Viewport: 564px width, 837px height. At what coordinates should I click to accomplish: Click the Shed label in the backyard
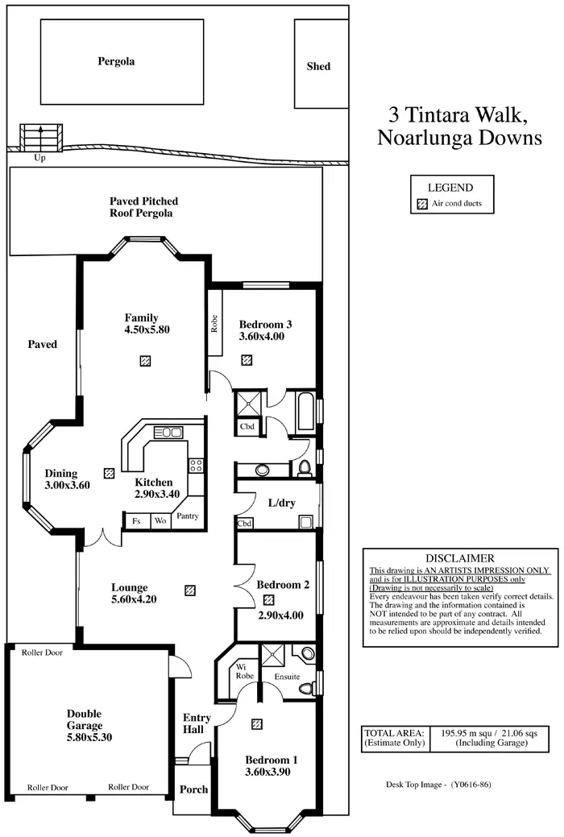click(318, 66)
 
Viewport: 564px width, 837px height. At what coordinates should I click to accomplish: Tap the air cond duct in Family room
click(145, 361)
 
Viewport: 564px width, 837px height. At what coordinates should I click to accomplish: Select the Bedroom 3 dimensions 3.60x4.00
click(262, 336)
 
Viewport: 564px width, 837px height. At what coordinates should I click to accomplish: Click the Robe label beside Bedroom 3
click(214, 324)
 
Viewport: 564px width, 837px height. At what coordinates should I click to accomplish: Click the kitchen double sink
click(168, 432)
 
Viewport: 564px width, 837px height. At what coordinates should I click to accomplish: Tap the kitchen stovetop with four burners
click(196, 465)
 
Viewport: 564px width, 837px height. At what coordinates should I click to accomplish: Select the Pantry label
click(188, 516)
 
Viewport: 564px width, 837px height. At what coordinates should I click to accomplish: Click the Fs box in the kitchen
click(136, 520)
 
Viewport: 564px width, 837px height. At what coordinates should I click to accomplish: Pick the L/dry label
click(281, 503)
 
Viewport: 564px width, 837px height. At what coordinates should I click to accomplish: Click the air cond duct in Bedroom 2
click(268, 600)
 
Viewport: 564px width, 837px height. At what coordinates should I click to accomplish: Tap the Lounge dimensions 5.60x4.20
click(134, 599)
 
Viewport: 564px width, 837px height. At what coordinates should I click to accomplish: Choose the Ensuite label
click(288, 677)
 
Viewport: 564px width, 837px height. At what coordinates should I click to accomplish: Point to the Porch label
click(193, 789)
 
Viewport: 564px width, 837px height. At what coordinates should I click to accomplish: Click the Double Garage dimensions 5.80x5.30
click(89, 737)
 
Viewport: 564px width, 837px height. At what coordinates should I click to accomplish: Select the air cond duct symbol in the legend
click(422, 203)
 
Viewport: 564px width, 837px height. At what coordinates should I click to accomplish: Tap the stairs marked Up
click(41, 138)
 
